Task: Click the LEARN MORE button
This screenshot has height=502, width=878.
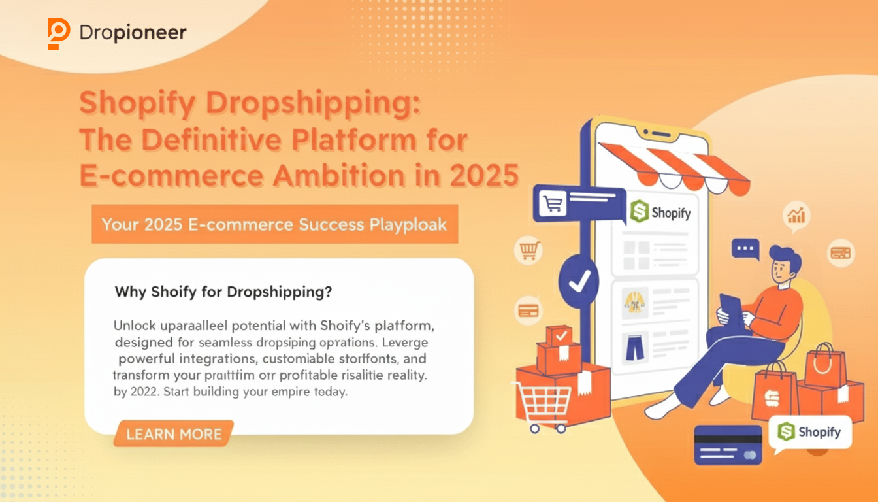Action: coord(174,433)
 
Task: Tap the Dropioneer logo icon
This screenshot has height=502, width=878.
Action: coord(58,33)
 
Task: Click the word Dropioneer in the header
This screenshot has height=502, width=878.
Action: coord(133,33)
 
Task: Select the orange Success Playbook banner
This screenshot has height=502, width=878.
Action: coord(274,224)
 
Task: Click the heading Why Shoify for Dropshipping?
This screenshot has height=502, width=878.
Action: coord(223,292)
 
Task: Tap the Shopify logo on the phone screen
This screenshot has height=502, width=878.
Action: coord(661,212)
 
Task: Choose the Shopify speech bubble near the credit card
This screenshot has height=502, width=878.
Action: coord(810,432)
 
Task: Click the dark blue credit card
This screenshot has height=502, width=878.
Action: coord(728,444)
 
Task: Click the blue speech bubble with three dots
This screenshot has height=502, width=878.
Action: coord(745,249)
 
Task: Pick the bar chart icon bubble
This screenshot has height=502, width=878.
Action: coord(797,216)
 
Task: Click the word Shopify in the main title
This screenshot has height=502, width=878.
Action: coord(135,105)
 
